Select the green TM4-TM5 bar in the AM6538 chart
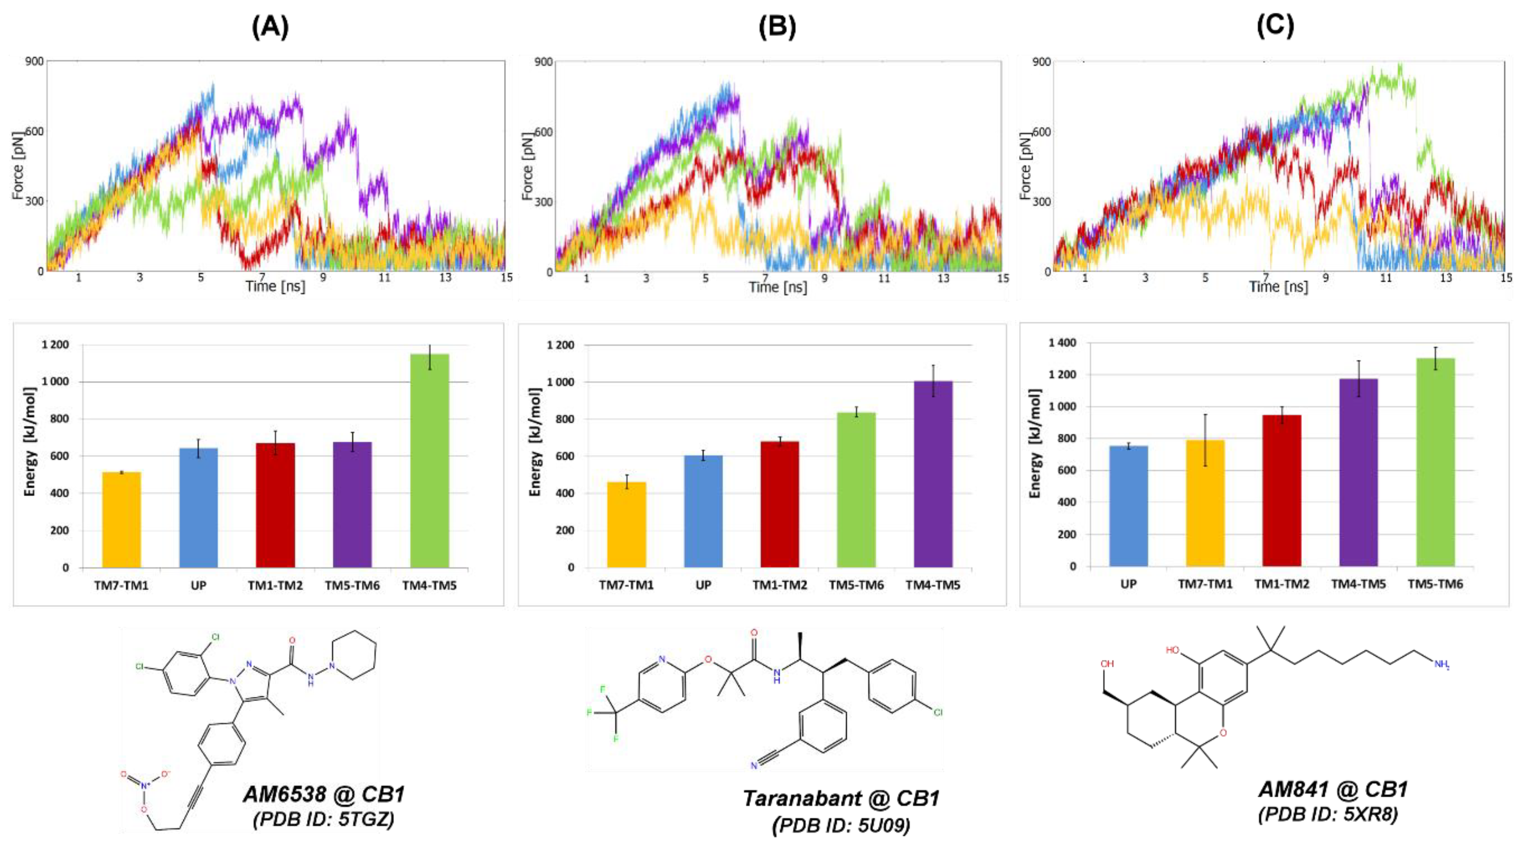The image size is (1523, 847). pyautogui.click(x=429, y=461)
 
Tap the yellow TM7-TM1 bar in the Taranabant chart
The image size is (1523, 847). pyautogui.click(x=626, y=525)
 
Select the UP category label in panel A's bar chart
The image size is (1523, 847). pyautogui.click(x=198, y=585)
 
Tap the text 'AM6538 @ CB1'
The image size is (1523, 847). pyautogui.click(x=324, y=794)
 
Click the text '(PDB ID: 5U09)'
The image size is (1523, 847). pyautogui.click(x=841, y=825)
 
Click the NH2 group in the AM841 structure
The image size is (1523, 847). pyautogui.click(x=1441, y=665)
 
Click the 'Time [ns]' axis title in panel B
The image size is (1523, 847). pyautogui.click(x=777, y=287)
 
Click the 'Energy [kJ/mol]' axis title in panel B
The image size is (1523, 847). pyautogui.click(x=535, y=442)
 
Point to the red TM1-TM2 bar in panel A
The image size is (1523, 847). pyautogui.click(x=275, y=505)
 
